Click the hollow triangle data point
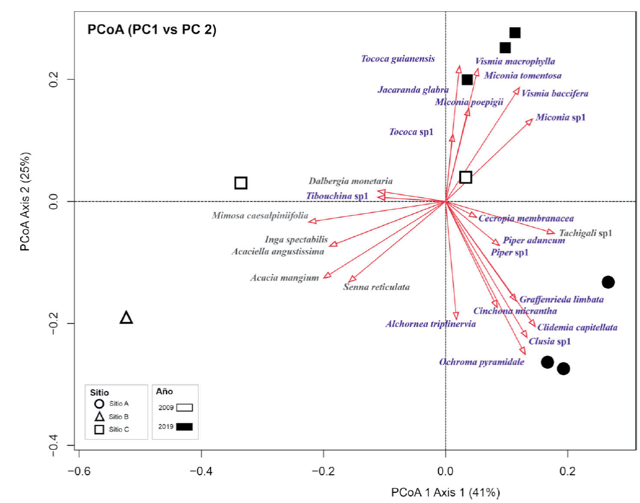126,318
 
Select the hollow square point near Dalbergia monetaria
241,183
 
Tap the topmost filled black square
515,33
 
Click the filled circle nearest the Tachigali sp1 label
607,282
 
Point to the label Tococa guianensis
398,59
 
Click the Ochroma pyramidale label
481,362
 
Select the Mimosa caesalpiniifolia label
260,216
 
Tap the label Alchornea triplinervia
430,324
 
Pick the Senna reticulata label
376,287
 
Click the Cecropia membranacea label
526,218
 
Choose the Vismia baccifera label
554,93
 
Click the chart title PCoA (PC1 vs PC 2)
152,30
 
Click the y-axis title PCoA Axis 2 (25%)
25,202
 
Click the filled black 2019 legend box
184,426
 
